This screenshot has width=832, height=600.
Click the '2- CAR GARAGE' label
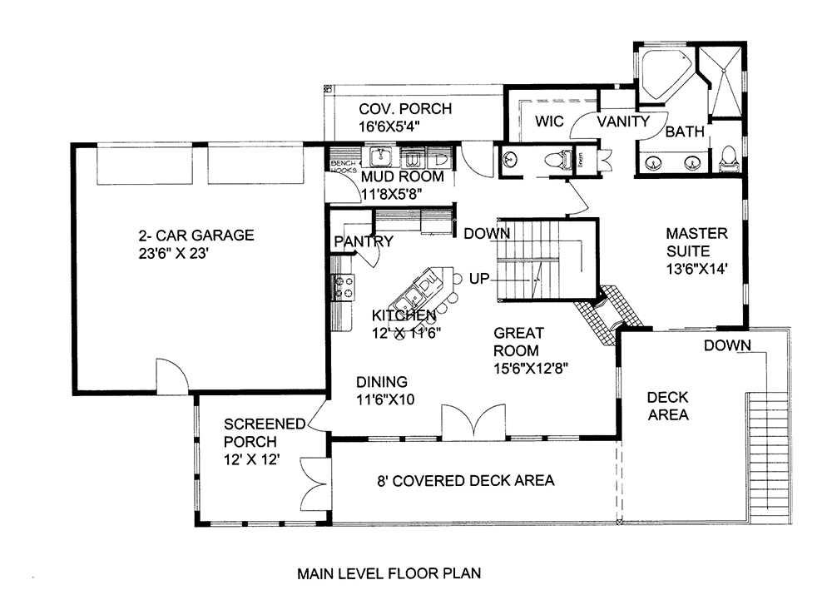tap(196, 236)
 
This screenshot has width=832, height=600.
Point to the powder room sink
tap(510, 158)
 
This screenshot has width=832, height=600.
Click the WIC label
tap(549, 121)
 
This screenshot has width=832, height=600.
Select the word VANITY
tap(623, 121)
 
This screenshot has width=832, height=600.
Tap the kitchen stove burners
tap(343, 287)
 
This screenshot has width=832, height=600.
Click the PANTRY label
tap(364, 242)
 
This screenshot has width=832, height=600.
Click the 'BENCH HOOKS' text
tap(342, 166)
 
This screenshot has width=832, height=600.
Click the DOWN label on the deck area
tap(727, 345)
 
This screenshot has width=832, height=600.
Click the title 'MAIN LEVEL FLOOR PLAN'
tap(389, 573)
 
